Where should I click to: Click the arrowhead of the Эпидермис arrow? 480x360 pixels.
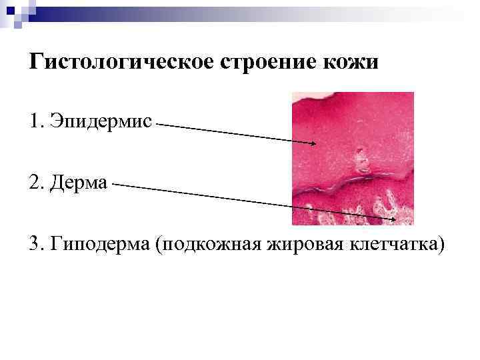(x=314, y=142)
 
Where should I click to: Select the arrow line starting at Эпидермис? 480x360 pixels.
(x=233, y=132)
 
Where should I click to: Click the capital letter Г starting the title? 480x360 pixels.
(x=36, y=62)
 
